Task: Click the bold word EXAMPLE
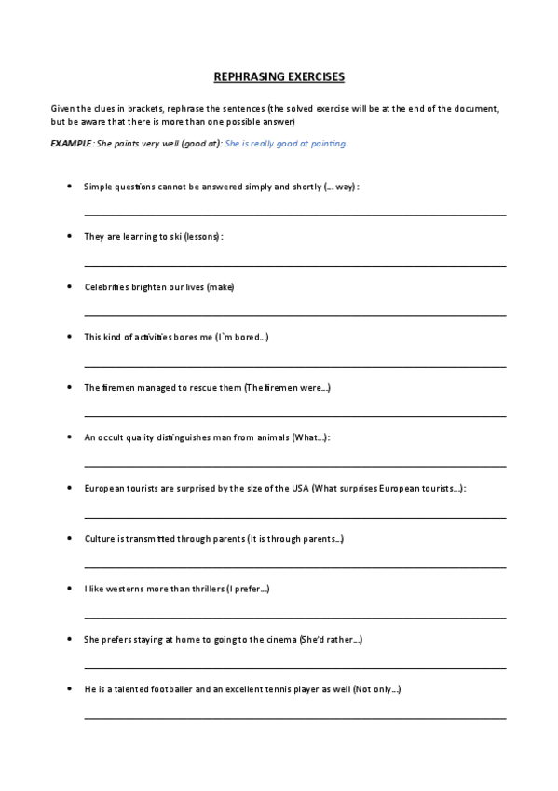click(x=71, y=144)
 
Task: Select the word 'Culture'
click(x=100, y=538)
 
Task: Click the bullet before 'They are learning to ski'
click(x=71, y=236)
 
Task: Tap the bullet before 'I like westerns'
click(x=71, y=589)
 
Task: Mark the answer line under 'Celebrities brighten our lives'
click(x=294, y=315)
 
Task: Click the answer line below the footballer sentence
click(x=294, y=718)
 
